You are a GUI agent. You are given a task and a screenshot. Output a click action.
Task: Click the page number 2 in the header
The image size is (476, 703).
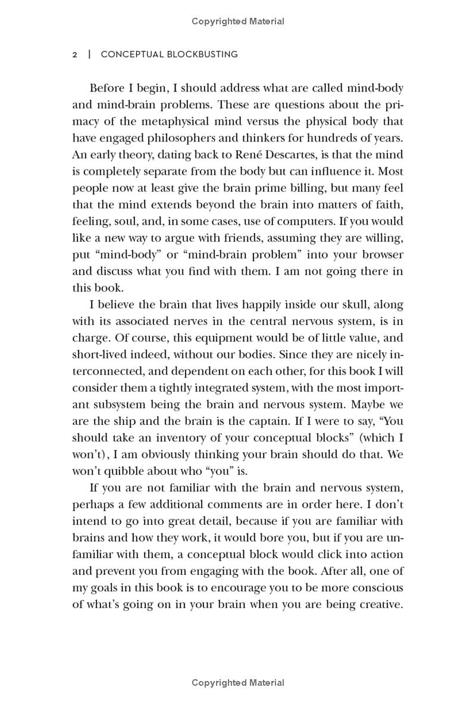(75, 54)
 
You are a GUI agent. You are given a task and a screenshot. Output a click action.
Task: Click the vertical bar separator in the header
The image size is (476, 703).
(89, 54)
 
